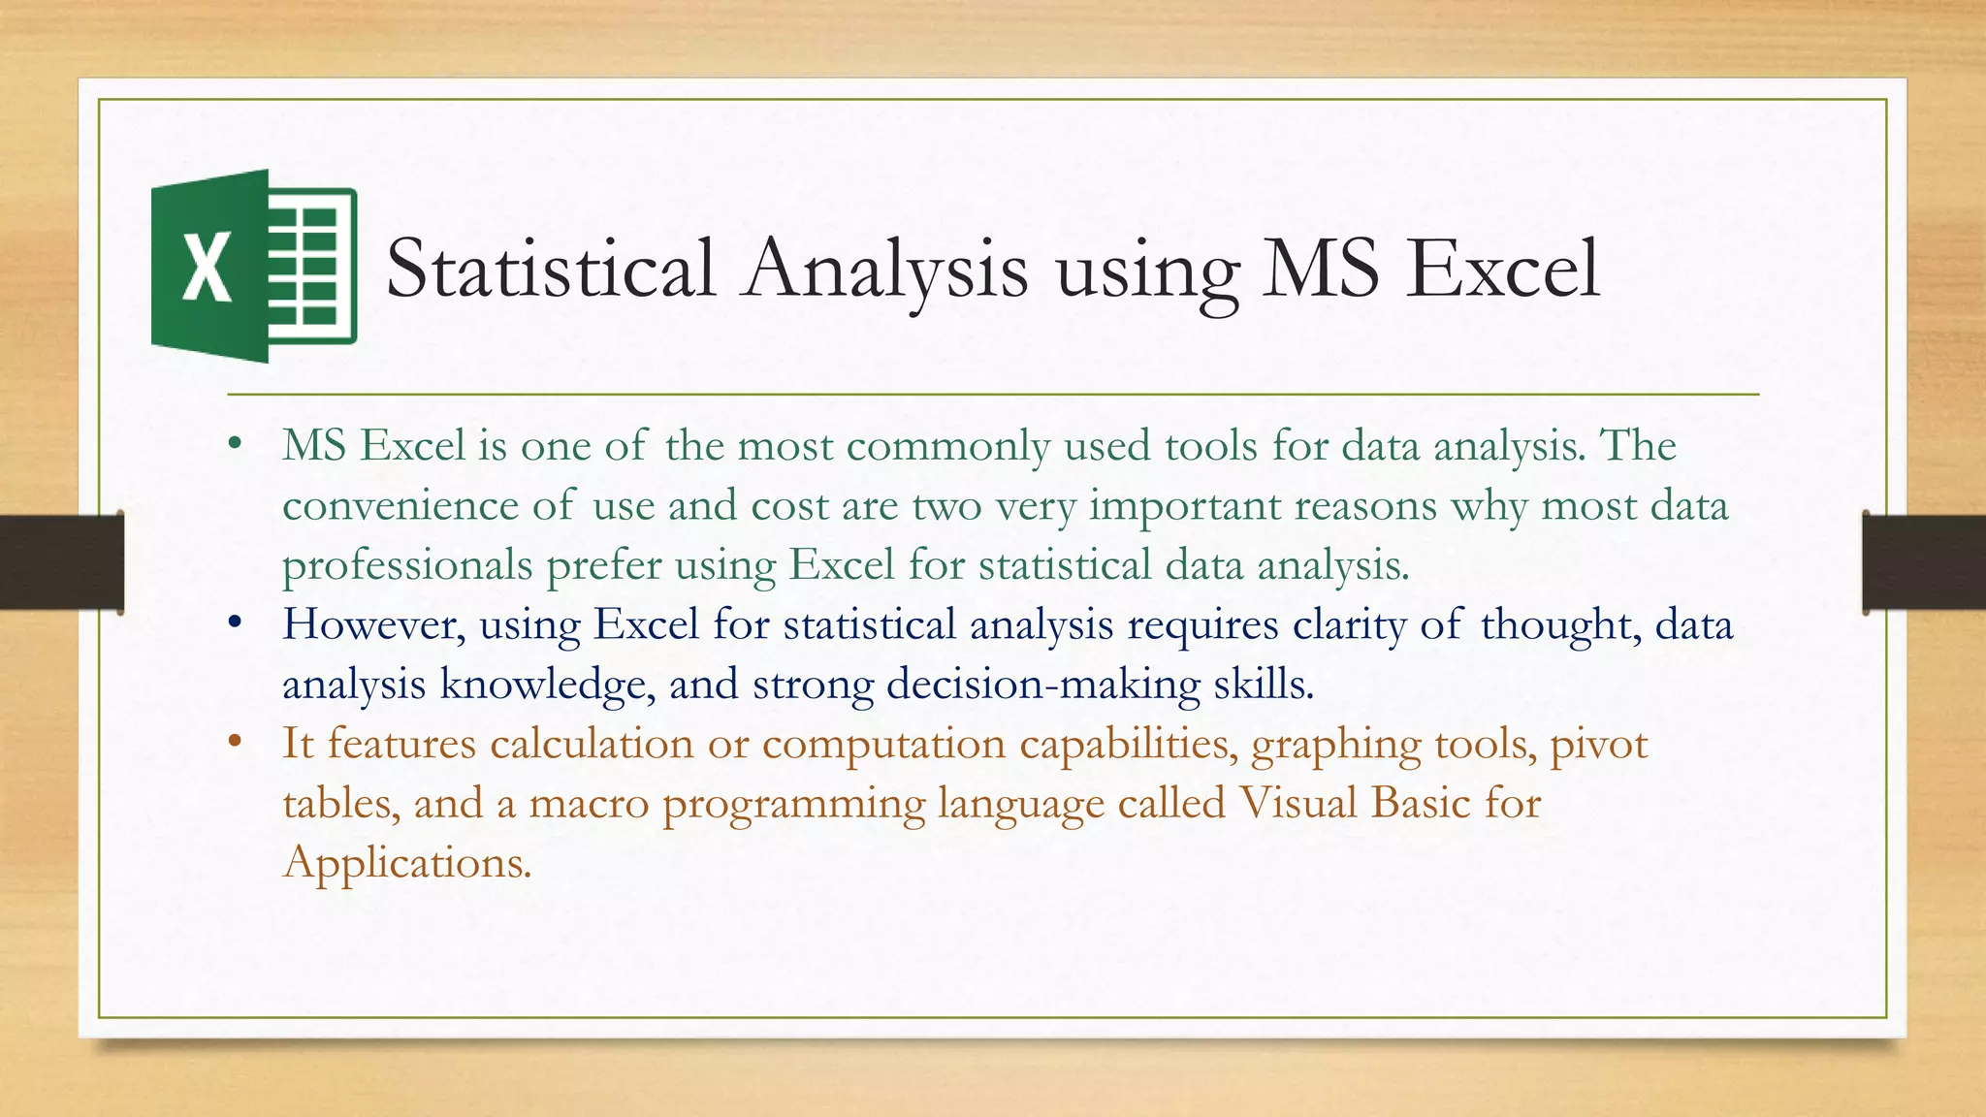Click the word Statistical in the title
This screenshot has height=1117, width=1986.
click(551, 269)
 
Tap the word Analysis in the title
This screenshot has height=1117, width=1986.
click(885, 269)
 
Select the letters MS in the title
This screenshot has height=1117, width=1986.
click(1320, 269)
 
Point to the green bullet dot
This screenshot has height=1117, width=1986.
click(234, 446)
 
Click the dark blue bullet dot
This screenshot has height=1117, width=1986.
click(234, 624)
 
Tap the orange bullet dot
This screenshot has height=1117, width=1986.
click(234, 744)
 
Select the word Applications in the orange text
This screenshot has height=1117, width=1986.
click(407, 863)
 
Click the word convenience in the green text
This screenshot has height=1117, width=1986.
click(400, 506)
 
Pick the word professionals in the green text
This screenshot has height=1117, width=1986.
click(407, 565)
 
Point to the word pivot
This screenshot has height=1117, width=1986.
click(1599, 745)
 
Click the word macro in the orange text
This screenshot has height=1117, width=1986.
click(589, 804)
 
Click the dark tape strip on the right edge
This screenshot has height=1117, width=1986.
click(1924, 562)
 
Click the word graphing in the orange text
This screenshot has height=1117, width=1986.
click(1336, 745)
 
